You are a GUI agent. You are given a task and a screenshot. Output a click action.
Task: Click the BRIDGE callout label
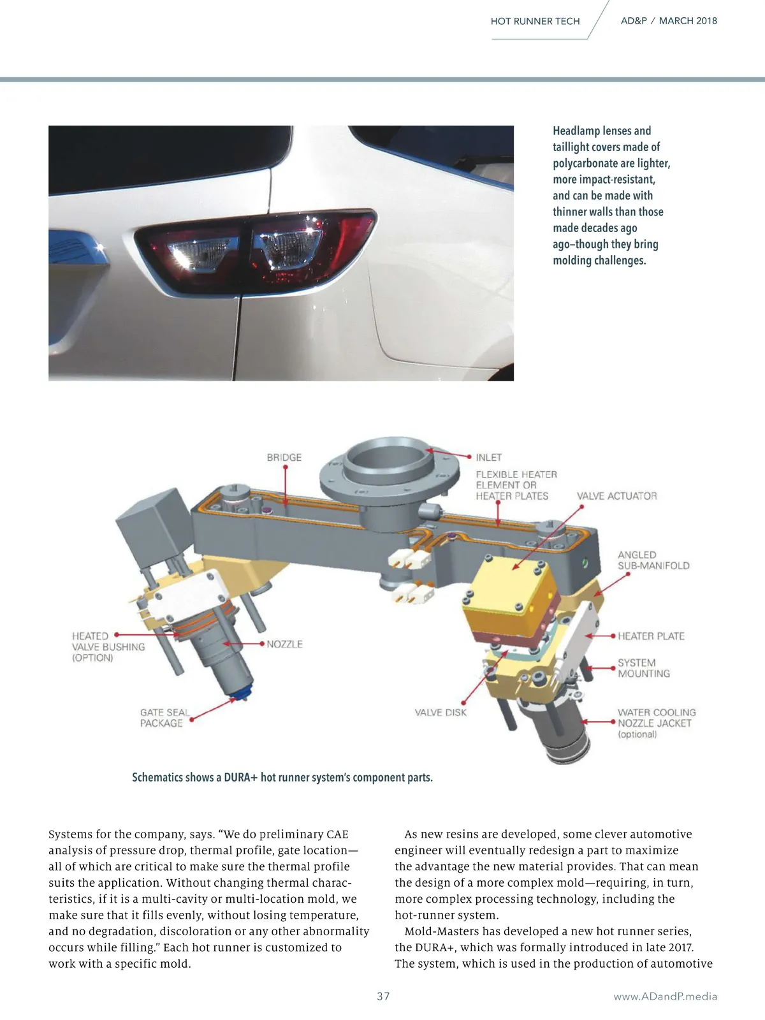click(284, 457)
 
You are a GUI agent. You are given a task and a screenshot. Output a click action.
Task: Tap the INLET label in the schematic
click(488, 457)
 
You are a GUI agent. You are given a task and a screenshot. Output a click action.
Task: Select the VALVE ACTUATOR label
click(617, 496)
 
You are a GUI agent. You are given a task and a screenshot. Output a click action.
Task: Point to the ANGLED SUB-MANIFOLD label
click(653, 560)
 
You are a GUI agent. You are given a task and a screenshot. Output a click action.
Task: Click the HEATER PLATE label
click(651, 636)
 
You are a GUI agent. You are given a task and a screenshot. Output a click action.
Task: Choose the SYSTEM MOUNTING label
click(643, 667)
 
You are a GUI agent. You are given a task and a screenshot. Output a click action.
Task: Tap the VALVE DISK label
click(441, 712)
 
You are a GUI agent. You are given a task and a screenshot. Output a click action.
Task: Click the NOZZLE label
click(284, 644)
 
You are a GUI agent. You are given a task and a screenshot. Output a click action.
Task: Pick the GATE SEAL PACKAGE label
click(164, 717)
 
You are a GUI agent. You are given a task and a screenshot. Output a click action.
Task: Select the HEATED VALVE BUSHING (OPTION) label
click(108, 646)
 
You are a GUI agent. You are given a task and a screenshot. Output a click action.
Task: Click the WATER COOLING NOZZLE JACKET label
click(657, 722)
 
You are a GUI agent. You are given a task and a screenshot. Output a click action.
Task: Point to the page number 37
click(383, 996)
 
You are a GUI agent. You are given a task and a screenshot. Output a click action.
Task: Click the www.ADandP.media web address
click(665, 996)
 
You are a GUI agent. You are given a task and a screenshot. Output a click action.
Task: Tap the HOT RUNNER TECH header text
click(535, 22)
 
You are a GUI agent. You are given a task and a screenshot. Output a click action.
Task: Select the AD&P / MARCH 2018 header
click(669, 21)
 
